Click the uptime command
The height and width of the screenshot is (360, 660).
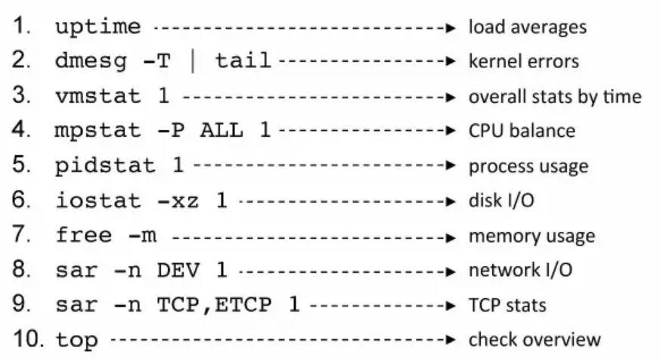point(98,27)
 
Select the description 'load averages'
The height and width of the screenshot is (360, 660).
point(527,27)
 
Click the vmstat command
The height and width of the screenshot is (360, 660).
point(98,97)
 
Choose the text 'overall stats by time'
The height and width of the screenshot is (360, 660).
point(555,97)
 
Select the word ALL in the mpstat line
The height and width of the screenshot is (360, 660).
point(223,132)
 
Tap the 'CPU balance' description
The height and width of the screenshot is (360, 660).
point(522,132)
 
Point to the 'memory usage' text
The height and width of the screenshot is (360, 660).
point(531,236)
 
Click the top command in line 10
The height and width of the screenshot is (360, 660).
point(77,340)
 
